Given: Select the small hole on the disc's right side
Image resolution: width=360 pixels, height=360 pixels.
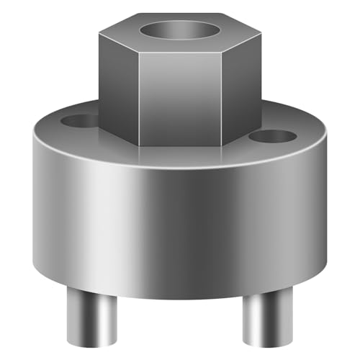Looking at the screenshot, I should pyautogui.click(x=274, y=135).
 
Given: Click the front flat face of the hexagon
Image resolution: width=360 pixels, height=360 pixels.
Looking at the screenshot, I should pyautogui.click(x=180, y=97).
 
